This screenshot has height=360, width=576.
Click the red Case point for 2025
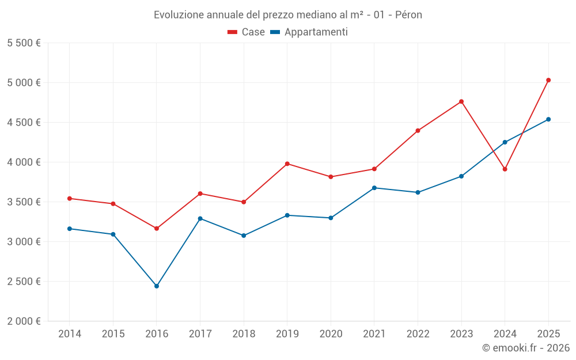pyautogui.click(x=548, y=80)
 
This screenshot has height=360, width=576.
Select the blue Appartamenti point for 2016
pyautogui.click(x=157, y=286)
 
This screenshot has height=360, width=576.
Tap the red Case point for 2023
pyautogui.click(x=461, y=101)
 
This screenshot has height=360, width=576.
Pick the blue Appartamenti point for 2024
pyautogui.click(x=505, y=142)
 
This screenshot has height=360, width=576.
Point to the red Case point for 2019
pyautogui.click(x=287, y=164)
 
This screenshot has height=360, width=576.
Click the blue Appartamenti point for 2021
pyautogui.click(x=374, y=188)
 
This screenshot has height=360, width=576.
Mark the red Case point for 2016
pyautogui.click(x=157, y=229)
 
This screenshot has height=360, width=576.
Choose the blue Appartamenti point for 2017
pyautogui.click(x=200, y=218)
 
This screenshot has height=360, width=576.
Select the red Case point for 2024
pyautogui.click(x=505, y=169)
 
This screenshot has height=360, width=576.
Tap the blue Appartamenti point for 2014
pyautogui.click(x=70, y=229)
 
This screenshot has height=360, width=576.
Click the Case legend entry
pyautogui.click(x=247, y=32)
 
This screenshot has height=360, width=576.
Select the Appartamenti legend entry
pyautogui.click(x=309, y=32)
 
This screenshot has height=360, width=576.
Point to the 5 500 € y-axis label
pyautogui.click(x=24, y=43)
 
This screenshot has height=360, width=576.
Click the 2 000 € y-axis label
pyautogui.click(x=24, y=321)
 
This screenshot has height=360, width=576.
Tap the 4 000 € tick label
pyautogui.click(x=24, y=162)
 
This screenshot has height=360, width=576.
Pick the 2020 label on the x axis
pyautogui.click(x=331, y=334)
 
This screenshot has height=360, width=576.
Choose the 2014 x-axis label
pyautogui.click(x=70, y=334)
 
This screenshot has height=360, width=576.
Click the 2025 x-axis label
pyautogui.click(x=548, y=334)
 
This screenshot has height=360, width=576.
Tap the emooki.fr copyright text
pyautogui.click(x=525, y=348)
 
